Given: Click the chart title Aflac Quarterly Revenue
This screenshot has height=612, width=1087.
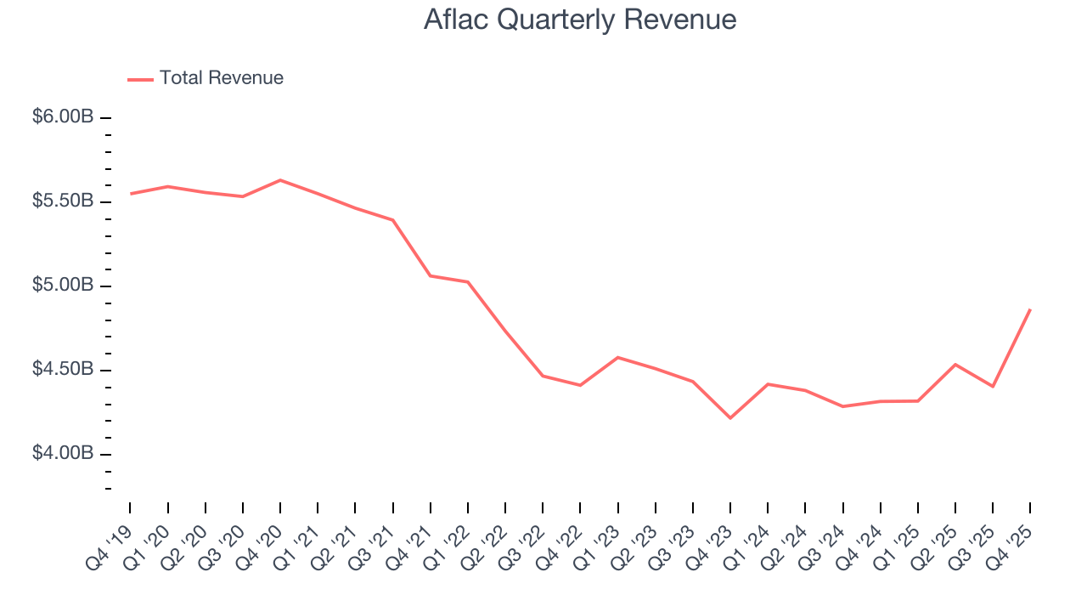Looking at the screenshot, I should tap(580, 20).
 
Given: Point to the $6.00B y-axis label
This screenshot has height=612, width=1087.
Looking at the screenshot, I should tap(63, 117).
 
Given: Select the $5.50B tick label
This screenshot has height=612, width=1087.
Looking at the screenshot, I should tap(63, 201).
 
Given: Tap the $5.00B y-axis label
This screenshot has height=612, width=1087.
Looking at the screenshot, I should tap(63, 286).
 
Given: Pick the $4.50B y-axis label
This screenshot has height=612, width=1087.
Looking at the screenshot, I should tap(63, 370).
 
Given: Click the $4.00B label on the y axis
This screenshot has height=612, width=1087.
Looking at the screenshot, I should tap(63, 454).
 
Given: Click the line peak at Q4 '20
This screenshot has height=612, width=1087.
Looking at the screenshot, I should tap(280, 180).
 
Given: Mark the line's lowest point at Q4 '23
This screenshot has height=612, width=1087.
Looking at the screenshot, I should tap(730, 418).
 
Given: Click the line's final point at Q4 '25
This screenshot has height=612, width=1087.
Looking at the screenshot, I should tap(1030, 309).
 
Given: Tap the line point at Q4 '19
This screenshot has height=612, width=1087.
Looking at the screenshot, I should tap(131, 194).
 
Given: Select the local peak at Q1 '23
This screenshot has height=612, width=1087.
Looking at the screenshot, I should tap(617, 357).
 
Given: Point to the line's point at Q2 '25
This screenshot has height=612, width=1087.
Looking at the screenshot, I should tap(955, 365).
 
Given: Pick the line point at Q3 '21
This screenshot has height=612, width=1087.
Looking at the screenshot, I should tap(392, 220).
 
